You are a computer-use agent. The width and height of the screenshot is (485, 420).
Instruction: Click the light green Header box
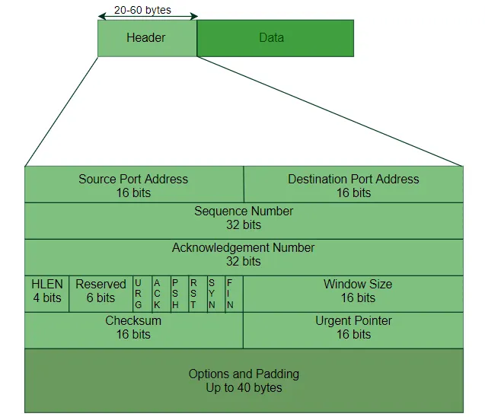click(x=147, y=38)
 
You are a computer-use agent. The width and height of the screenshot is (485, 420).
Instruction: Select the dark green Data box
click(x=275, y=38)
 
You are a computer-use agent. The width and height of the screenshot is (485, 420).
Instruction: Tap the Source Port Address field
click(x=133, y=186)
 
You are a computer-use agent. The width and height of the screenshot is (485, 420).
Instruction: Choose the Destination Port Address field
click(x=353, y=186)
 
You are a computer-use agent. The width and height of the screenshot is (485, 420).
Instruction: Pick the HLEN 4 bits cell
click(x=47, y=294)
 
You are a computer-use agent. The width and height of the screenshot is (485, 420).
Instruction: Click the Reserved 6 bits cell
click(x=101, y=294)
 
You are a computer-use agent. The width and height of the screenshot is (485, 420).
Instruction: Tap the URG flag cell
click(x=139, y=294)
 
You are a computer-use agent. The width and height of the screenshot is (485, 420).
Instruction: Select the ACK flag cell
click(x=157, y=294)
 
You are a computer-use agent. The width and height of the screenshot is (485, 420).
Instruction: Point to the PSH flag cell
click(x=175, y=294)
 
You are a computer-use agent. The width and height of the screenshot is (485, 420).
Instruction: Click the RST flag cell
click(x=193, y=294)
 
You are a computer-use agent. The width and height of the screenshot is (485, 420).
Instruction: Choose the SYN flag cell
click(x=212, y=294)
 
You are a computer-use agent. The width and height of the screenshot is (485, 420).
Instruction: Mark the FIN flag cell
click(x=231, y=294)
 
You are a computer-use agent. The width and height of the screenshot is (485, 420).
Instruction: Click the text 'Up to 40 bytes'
click(x=244, y=388)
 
